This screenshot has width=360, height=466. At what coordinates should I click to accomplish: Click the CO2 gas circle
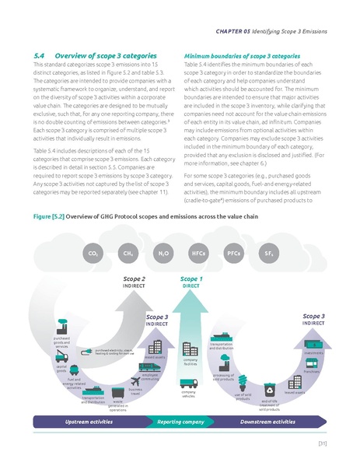92,253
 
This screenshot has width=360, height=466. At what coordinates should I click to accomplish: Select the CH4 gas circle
127,253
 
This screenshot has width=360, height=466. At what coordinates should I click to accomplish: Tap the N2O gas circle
163,253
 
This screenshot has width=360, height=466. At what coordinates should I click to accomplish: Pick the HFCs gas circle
197,253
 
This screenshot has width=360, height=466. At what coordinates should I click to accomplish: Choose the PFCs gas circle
232,253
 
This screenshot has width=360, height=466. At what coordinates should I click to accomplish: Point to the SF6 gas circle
268,253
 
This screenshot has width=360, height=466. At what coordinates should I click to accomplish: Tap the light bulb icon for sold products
243,380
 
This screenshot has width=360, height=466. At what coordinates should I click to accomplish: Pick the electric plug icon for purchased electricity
89,352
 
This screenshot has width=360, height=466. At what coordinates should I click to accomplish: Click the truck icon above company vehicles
187,384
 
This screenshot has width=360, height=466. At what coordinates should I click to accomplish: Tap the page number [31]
322,444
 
